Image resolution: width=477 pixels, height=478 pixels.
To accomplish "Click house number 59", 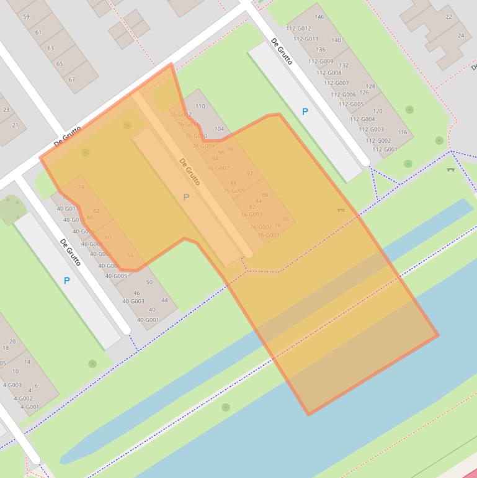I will click(26, 17).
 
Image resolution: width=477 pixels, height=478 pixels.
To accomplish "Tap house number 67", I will click(71, 79).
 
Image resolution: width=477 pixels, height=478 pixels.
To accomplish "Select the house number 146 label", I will click(319, 17).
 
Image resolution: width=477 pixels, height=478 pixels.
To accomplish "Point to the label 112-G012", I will click(298, 29).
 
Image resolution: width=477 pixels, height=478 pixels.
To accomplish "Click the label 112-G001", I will click(385, 149).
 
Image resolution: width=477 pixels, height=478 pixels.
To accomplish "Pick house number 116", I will click(402, 132).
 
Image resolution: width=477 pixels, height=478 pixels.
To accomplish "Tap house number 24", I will click(460, 35).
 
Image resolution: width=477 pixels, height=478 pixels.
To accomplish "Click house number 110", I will click(200, 106).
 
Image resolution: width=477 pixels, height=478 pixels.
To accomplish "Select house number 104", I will click(219, 129).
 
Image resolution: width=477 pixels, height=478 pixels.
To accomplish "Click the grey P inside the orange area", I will click(185, 197).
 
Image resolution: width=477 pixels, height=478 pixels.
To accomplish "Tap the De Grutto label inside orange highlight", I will click(190, 172).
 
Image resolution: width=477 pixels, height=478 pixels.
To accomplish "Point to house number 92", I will click(250, 174).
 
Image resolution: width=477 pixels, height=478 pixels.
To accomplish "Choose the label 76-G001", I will click(269, 235).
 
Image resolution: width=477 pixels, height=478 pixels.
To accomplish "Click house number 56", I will click(130, 256).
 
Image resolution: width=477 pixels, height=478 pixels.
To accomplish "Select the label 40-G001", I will click(148, 320).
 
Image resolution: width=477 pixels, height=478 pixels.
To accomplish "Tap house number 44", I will click(164, 300).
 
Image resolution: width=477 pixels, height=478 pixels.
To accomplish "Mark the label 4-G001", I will click(29, 407).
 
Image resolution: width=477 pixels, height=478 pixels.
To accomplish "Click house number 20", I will click(12, 341).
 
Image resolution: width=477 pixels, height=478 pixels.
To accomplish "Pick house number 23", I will click(6, 110).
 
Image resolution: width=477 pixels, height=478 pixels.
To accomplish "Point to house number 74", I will click(81, 187).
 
